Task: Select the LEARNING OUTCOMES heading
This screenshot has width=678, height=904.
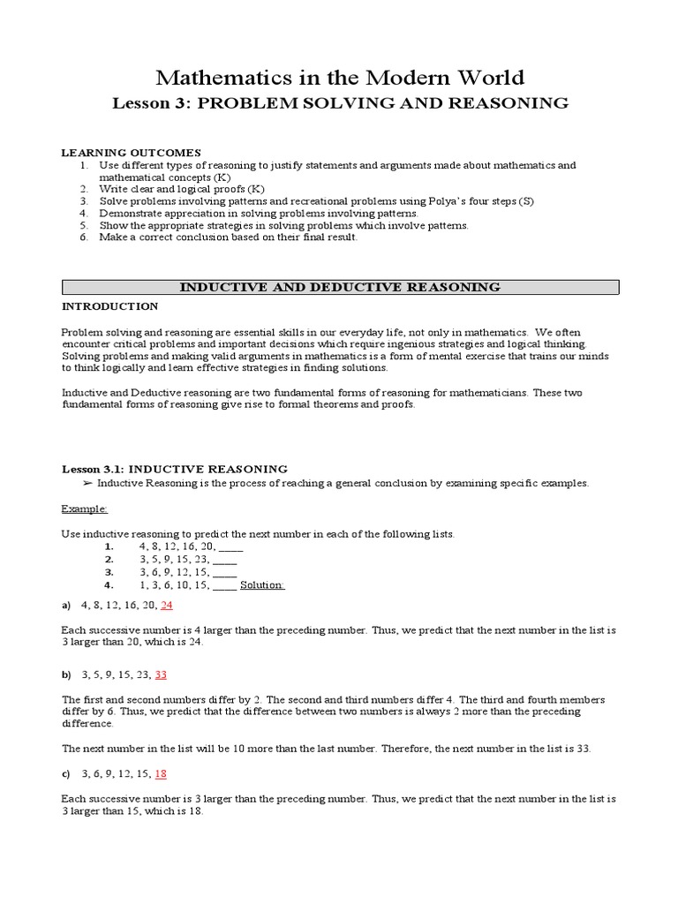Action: [x=131, y=153]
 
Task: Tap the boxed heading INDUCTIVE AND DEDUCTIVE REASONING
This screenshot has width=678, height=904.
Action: [x=340, y=287]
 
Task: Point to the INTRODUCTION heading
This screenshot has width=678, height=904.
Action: [x=109, y=306]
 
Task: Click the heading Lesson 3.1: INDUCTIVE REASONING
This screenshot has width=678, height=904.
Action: [x=174, y=469]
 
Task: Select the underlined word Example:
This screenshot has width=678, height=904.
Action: [x=85, y=508]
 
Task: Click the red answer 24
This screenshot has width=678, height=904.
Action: [x=167, y=605]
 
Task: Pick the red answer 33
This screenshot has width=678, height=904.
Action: [x=161, y=674]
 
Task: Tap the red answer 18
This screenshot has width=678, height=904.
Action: [x=161, y=773]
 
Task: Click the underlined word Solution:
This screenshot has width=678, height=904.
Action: [x=262, y=584]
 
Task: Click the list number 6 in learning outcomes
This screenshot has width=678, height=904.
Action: [x=83, y=237]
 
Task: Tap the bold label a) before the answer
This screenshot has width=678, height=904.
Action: [x=66, y=605]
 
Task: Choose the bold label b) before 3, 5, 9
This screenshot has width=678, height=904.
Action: [x=66, y=674]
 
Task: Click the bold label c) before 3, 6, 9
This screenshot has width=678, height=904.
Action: [x=66, y=773]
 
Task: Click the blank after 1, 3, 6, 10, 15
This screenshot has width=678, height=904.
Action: [x=224, y=584]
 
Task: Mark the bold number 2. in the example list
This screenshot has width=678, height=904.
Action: [x=109, y=560]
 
